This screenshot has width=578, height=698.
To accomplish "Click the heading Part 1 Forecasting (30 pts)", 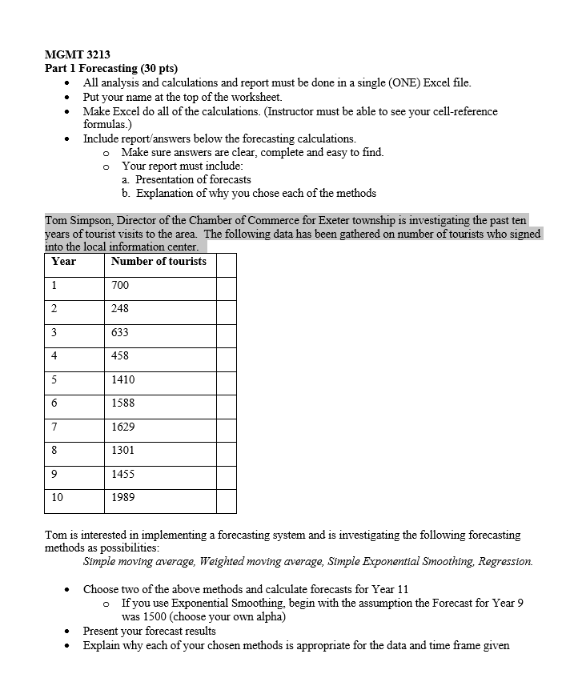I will click(110, 69).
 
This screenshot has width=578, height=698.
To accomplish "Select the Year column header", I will click(63, 262).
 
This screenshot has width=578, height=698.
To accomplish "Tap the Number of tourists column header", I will click(159, 262).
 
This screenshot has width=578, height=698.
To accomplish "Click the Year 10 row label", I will click(57, 498).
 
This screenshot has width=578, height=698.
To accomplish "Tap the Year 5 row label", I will click(54, 379).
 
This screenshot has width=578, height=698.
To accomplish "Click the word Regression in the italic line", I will click(505, 562).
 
